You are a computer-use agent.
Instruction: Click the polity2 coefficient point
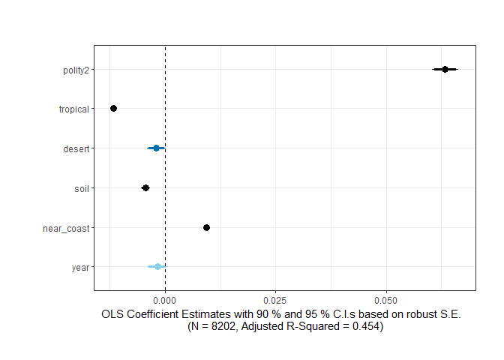click(445, 69)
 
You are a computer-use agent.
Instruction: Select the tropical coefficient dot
click(113, 109)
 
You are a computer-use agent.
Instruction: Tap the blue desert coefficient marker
click(156, 148)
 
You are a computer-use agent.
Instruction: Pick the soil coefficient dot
click(145, 187)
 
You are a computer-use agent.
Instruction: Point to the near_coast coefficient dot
click(206, 227)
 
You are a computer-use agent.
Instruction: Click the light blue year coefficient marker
click(157, 266)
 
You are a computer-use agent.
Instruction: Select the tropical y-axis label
click(74, 109)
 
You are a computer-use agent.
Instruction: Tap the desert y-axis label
click(76, 148)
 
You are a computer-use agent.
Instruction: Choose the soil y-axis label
click(81, 188)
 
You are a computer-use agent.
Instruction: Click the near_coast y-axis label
click(66, 228)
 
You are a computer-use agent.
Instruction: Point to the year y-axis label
click(81, 267)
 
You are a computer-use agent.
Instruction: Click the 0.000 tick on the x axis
click(165, 298)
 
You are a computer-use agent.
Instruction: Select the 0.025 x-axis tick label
click(275, 298)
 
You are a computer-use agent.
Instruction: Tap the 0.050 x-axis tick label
click(386, 298)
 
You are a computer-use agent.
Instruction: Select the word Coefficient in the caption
click(155, 314)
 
